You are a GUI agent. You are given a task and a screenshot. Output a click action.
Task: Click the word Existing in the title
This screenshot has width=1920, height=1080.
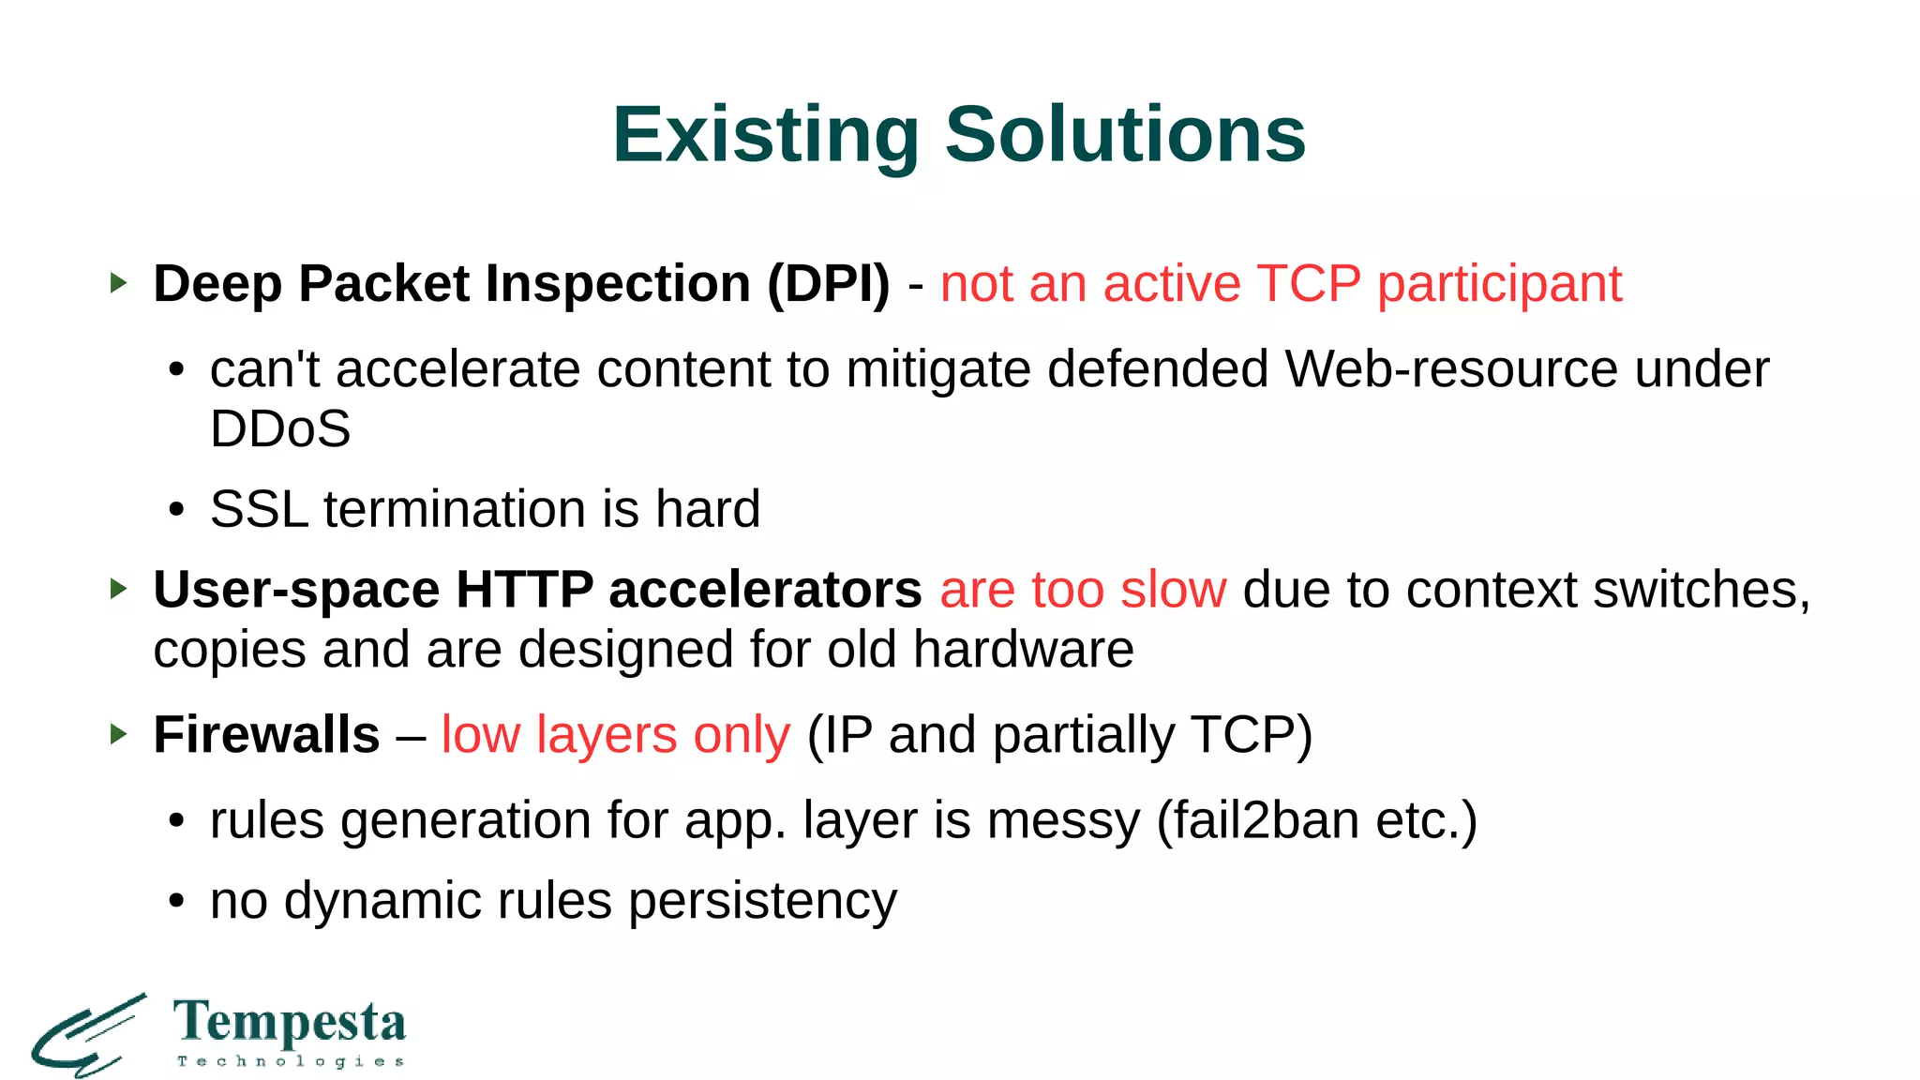765,135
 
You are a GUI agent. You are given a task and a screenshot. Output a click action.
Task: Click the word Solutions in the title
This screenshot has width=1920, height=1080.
1124,135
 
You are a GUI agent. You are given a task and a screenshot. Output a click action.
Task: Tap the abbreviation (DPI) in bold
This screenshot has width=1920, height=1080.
828,284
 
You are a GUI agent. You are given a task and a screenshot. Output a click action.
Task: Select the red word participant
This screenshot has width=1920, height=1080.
1499,284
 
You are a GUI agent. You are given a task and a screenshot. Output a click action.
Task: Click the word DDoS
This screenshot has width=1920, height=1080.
279,429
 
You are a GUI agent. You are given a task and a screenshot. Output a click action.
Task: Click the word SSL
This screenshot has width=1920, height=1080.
259,509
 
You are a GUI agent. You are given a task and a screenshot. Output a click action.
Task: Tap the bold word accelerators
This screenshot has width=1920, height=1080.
765,590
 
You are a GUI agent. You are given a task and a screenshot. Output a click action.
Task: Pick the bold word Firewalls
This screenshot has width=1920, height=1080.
266,734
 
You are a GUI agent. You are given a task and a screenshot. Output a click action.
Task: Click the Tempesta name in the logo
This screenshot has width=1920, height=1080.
290,1023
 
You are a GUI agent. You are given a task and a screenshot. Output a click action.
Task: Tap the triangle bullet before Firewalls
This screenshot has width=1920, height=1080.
117,733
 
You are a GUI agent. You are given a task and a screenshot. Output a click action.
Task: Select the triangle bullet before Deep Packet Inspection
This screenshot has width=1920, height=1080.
117,282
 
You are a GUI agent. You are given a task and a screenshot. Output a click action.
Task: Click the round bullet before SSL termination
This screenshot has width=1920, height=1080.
176,511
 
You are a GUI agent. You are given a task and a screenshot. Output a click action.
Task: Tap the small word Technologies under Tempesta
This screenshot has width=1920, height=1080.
291,1061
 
